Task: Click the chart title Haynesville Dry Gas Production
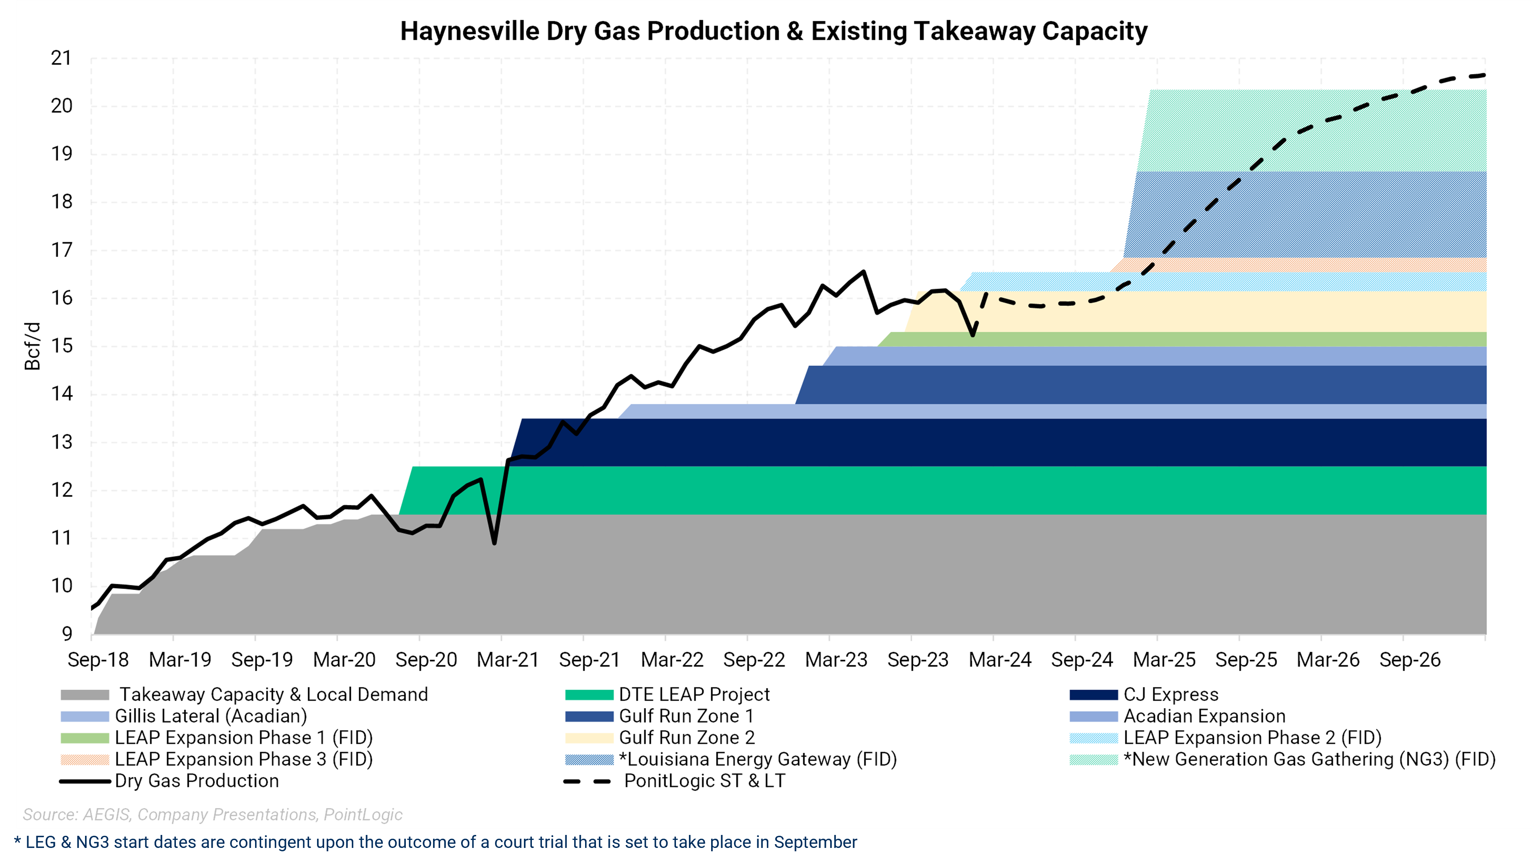point(773,31)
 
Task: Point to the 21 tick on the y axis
point(61,58)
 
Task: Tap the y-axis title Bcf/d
point(33,346)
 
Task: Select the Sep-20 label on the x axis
point(426,659)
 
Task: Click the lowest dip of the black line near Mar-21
point(494,542)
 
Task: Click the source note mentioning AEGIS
point(212,814)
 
